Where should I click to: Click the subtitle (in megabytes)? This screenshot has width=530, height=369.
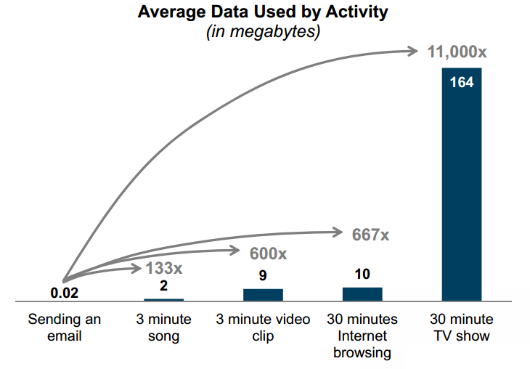pos(264,33)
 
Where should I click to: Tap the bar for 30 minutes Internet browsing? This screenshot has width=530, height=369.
pos(362,293)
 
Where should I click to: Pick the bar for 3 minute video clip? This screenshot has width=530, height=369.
pos(263,294)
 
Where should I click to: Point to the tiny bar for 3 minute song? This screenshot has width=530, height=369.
pos(163,299)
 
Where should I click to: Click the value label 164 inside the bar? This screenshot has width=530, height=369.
pos(461,83)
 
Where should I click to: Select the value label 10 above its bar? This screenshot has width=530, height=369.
pos(362,274)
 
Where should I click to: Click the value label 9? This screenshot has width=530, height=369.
pos(263,275)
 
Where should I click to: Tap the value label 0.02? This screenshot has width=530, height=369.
pos(64,293)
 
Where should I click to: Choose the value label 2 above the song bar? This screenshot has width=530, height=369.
pos(163,285)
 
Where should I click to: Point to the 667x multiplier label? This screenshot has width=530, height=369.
pos(370,235)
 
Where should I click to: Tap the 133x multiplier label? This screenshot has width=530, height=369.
pos(163,269)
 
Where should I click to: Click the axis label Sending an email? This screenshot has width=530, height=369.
pos(65,327)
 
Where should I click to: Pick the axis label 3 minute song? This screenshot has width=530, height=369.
pos(163,327)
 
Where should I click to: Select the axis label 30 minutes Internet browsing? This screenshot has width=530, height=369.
pos(362,336)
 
